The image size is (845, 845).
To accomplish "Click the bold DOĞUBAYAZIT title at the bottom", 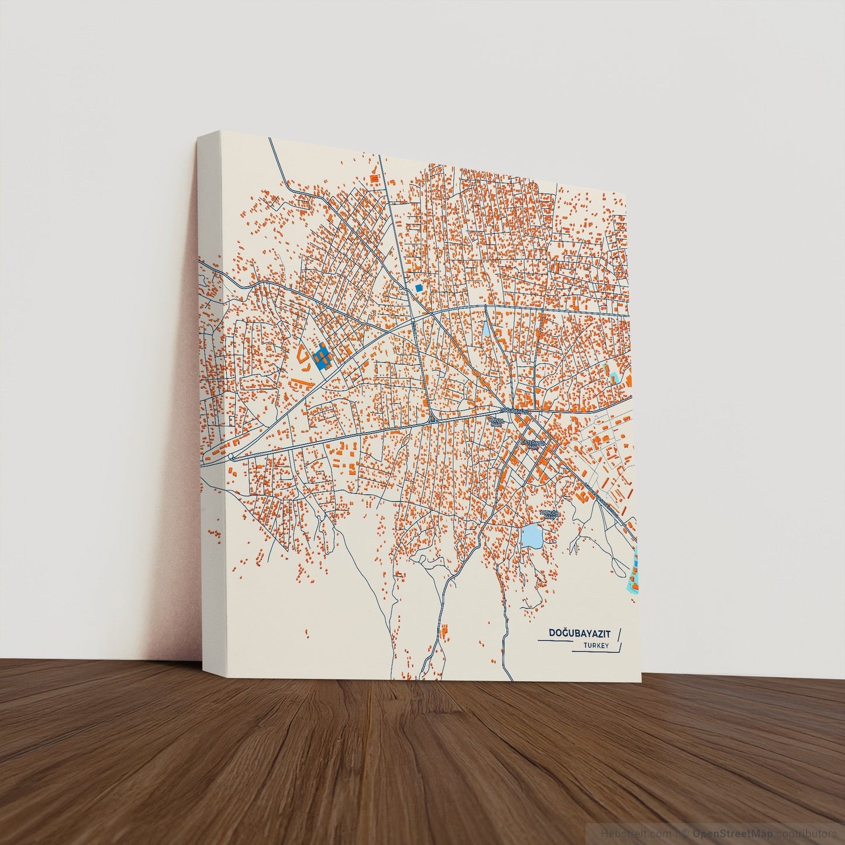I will [579, 633].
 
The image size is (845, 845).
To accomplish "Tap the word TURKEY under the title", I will [596, 646].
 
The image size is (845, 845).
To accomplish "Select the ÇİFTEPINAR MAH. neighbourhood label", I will [533, 444].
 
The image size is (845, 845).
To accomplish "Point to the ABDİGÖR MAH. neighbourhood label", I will [550, 515].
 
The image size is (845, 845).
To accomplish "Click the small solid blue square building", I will [418, 288].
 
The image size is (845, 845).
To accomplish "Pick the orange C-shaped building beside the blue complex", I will [303, 354].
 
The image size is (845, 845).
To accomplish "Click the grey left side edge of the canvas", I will [212, 409].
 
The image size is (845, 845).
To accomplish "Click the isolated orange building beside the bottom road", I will [444, 631].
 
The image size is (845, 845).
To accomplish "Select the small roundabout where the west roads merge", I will [232, 457].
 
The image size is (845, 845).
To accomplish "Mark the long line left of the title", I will [554, 641].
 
